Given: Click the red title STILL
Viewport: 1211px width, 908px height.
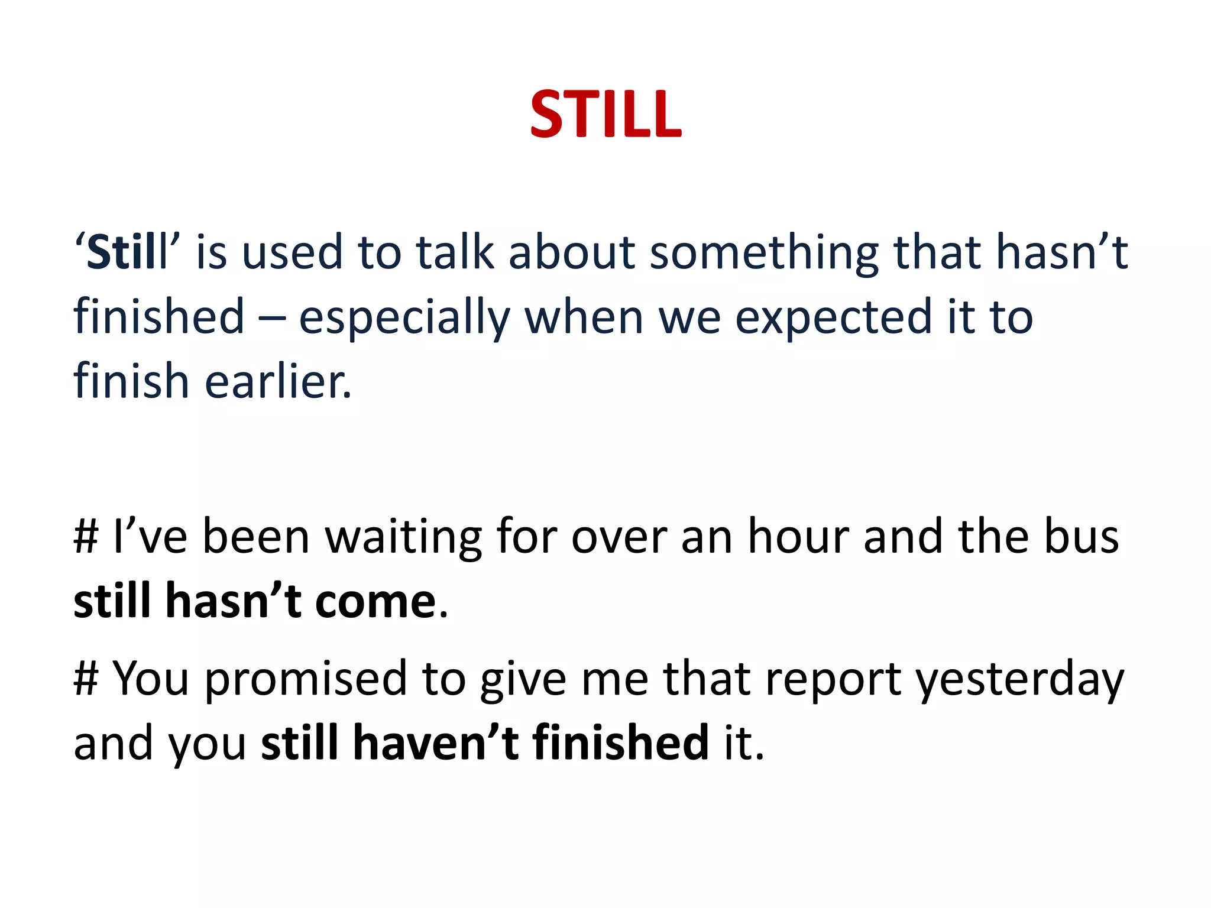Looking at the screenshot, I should click(605, 115).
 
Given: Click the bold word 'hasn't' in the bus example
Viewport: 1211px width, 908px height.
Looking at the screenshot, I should click(233, 601).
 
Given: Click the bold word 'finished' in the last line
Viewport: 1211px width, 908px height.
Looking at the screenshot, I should click(620, 742).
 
